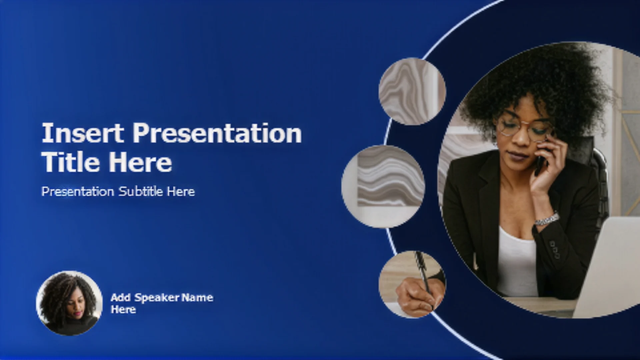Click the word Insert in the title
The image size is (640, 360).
pos(83,133)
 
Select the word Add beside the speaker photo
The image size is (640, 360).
pos(121,297)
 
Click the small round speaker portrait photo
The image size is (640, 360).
pos(69,303)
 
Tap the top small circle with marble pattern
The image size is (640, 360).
pos(412,91)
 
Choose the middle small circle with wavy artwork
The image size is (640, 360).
pos(383,187)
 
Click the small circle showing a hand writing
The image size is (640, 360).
pos(412,284)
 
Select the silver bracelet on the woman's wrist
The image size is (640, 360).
pos(547,219)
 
